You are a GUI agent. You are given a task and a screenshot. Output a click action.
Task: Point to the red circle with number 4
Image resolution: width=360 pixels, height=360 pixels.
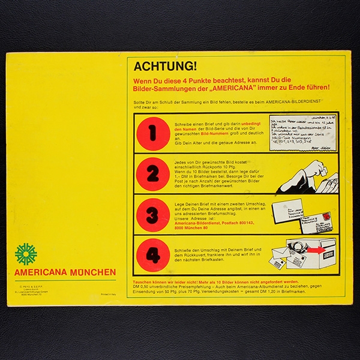(x=153, y=257)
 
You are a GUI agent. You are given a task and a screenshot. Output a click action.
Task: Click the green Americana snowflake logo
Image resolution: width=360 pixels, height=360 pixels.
(x=26, y=254)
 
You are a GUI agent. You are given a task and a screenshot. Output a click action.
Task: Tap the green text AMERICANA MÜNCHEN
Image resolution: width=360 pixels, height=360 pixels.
(x=65, y=272)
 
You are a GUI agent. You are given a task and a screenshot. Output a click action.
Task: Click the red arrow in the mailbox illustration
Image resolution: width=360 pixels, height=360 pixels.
(x=324, y=248)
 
